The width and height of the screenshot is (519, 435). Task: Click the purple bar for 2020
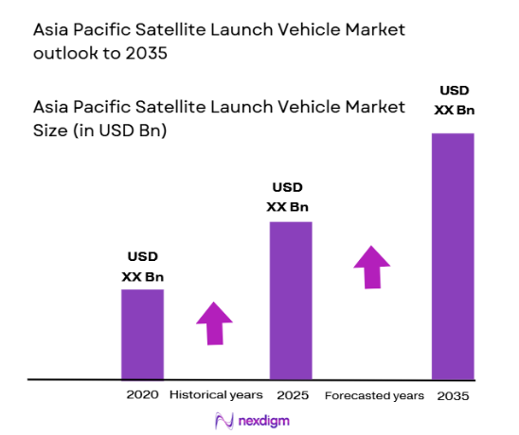[x=142, y=334]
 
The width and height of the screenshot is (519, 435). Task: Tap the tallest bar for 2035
[x=453, y=255]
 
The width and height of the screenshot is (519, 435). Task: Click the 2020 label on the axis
[x=142, y=393]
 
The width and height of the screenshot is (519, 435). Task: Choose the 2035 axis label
[x=453, y=394]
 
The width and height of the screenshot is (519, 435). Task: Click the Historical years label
[x=216, y=393]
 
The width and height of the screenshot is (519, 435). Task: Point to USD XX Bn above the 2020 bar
[x=142, y=267]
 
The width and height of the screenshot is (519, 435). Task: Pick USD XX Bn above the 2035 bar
[x=452, y=100]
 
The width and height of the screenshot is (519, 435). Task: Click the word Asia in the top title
[x=50, y=29]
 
